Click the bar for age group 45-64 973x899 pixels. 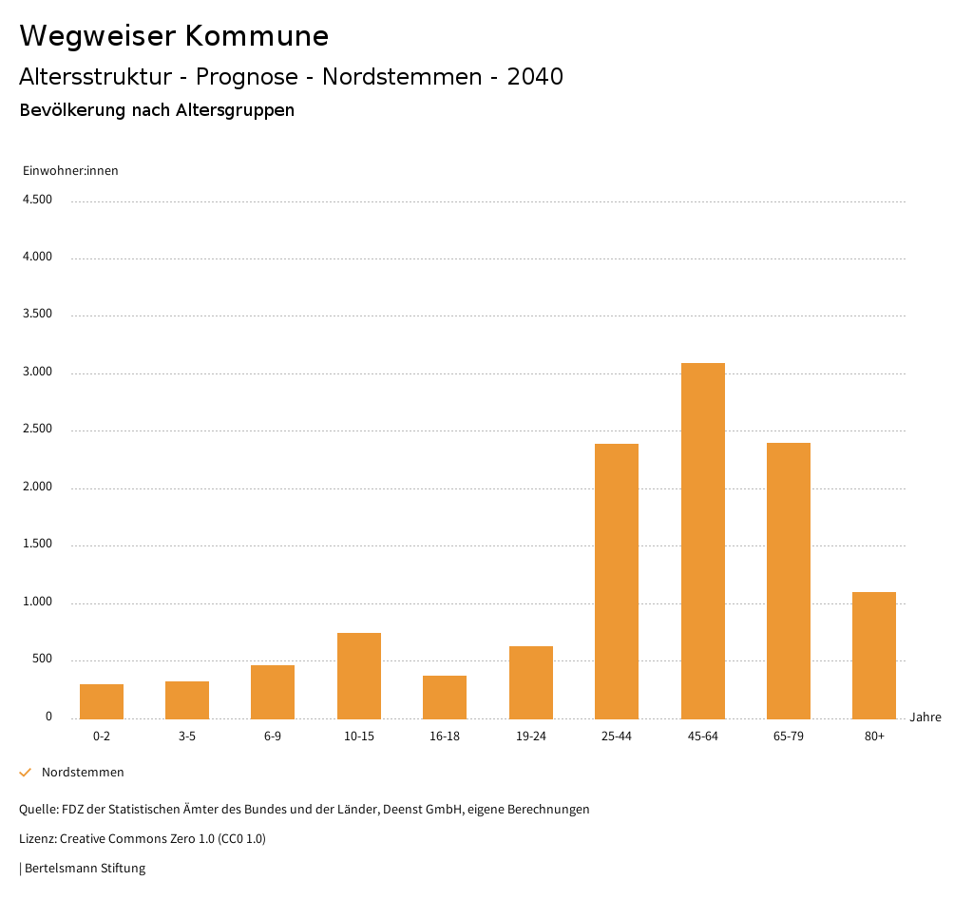[702, 541]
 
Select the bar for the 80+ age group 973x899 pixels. [874, 655]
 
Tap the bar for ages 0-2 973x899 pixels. [102, 701]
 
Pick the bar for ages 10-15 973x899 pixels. [359, 676]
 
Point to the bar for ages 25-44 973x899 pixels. [617, 581]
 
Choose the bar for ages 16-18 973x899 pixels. [445, 697]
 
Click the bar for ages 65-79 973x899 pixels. [789, 581]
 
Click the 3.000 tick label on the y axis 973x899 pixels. [37, 372]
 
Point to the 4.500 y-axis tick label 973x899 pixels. [37, 200]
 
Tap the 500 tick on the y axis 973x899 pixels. [42, 660]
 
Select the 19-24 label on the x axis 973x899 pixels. [530, 736]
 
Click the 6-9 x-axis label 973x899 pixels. [273, 736]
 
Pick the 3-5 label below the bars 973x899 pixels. [187, 736]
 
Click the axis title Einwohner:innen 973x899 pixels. [70, 171]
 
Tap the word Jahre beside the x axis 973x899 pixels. [925, 717]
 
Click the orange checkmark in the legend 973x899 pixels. [26, 773]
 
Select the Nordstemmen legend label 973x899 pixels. [83, 773]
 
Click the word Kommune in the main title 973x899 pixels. [257, 36]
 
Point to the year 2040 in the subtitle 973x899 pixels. [535, 77]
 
